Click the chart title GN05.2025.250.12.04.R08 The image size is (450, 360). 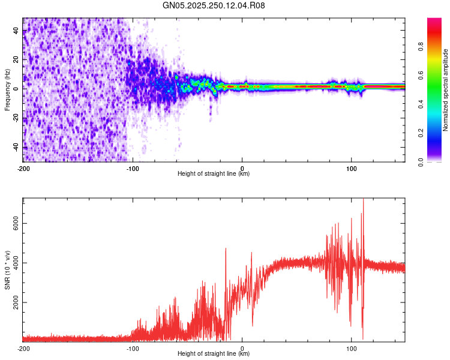(214, 5)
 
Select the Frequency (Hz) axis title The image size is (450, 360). (7, 90)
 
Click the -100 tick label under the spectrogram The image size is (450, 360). (133, 169)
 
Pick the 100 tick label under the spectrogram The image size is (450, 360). (352, 169)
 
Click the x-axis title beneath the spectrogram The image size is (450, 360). (214, 174)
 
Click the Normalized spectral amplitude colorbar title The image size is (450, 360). (446, 90)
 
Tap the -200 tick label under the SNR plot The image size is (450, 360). (23, 348)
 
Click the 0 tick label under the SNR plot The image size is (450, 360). (242, 348)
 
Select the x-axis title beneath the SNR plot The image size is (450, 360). (214, 353)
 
